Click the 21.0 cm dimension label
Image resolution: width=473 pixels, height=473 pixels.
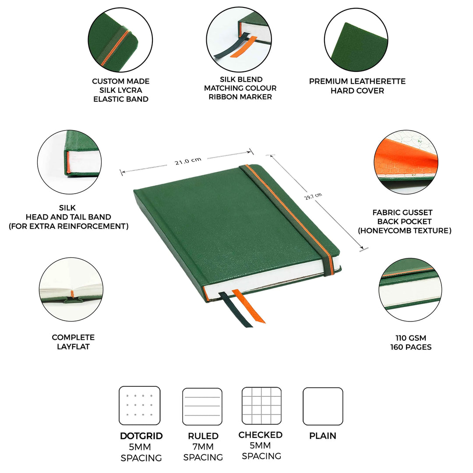pyautogui.click(x=188, y=161)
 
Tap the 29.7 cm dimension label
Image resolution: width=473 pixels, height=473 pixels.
pyautogui.click(x=313, y=196)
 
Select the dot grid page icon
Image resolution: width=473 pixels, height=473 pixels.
pyautogui.click(x=140, y=406)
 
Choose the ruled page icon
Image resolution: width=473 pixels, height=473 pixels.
pyautogui.click(x=202, y=406)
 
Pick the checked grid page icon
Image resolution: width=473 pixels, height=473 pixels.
pyautogui.click(x=261, y=406)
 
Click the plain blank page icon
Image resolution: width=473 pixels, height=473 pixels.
pyautogui.click(x=323, y=406)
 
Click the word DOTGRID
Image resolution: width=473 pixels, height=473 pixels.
pyautogui.click(x=141, y=436)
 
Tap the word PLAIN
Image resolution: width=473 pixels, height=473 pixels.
pyautogui.click(x=323, y=436)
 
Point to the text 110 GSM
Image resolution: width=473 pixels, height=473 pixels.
pyautogui.click(x=411, y=338)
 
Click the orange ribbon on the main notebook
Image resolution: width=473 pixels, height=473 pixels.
pyautogui.click(x=248, y=306)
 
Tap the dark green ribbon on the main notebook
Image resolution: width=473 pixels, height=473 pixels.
pyautogui.click(x=236, y=310)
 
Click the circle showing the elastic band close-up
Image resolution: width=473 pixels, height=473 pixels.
pyautogui.click(x=120, y=40)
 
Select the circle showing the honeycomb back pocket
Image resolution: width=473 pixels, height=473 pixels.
pyautogui.click(x=406, y=162)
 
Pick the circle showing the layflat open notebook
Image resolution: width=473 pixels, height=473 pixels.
pyautogui.click(x=71, y=289)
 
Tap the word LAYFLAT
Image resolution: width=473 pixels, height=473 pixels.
pyautogui.click(x=73, y=346)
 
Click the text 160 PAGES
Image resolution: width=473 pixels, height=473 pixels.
pyautogui.click(x=411, y=347)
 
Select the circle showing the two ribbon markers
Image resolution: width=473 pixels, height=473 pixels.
pyautogui.click(x=239, y=39)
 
